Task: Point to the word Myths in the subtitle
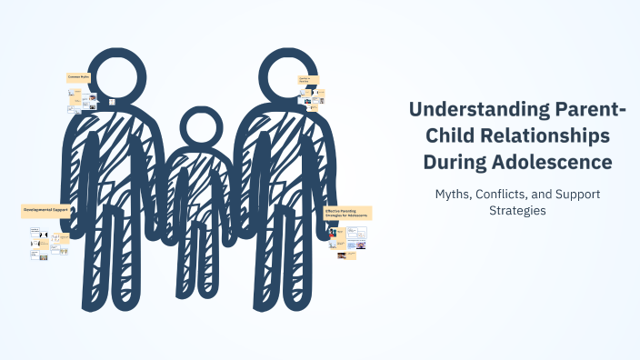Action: pos(454,195)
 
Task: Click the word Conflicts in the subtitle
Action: pos(505,195)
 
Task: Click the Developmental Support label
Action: pos(46,211)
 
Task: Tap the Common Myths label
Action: pos(80,78)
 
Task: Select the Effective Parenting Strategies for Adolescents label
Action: pos(347,214)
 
